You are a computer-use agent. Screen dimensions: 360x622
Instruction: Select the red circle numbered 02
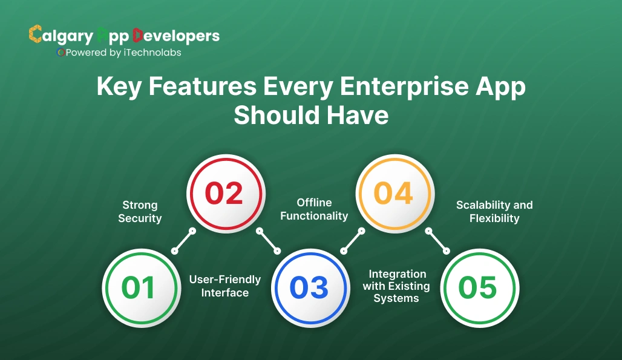(x=224, y=194)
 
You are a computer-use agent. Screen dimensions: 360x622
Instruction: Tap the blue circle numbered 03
(x=309, y=288)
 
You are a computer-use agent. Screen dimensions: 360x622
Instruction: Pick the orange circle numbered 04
(x=393, y=194)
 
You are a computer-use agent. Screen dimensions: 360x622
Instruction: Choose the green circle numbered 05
(x=478, y=288)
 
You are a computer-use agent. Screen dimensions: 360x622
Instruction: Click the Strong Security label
(x=140, y=212)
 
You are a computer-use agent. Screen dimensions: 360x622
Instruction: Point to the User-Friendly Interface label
(x=225, y=286)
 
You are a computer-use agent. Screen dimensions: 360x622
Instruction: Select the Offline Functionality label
(x=314, y=209)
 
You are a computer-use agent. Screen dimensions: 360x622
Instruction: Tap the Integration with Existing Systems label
(x=396, y=286)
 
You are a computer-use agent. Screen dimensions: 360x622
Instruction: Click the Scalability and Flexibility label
(x=494, y=212)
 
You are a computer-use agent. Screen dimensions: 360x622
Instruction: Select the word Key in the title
(x=119, y=88)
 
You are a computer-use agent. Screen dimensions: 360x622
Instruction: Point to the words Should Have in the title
(x=311, y=115)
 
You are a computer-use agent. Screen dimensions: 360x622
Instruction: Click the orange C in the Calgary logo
(x=35, y=34)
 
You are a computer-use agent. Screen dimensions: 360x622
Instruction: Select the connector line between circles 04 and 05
(x=437, y=240)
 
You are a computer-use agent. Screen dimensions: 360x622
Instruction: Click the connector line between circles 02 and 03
(x=268, y=240)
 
